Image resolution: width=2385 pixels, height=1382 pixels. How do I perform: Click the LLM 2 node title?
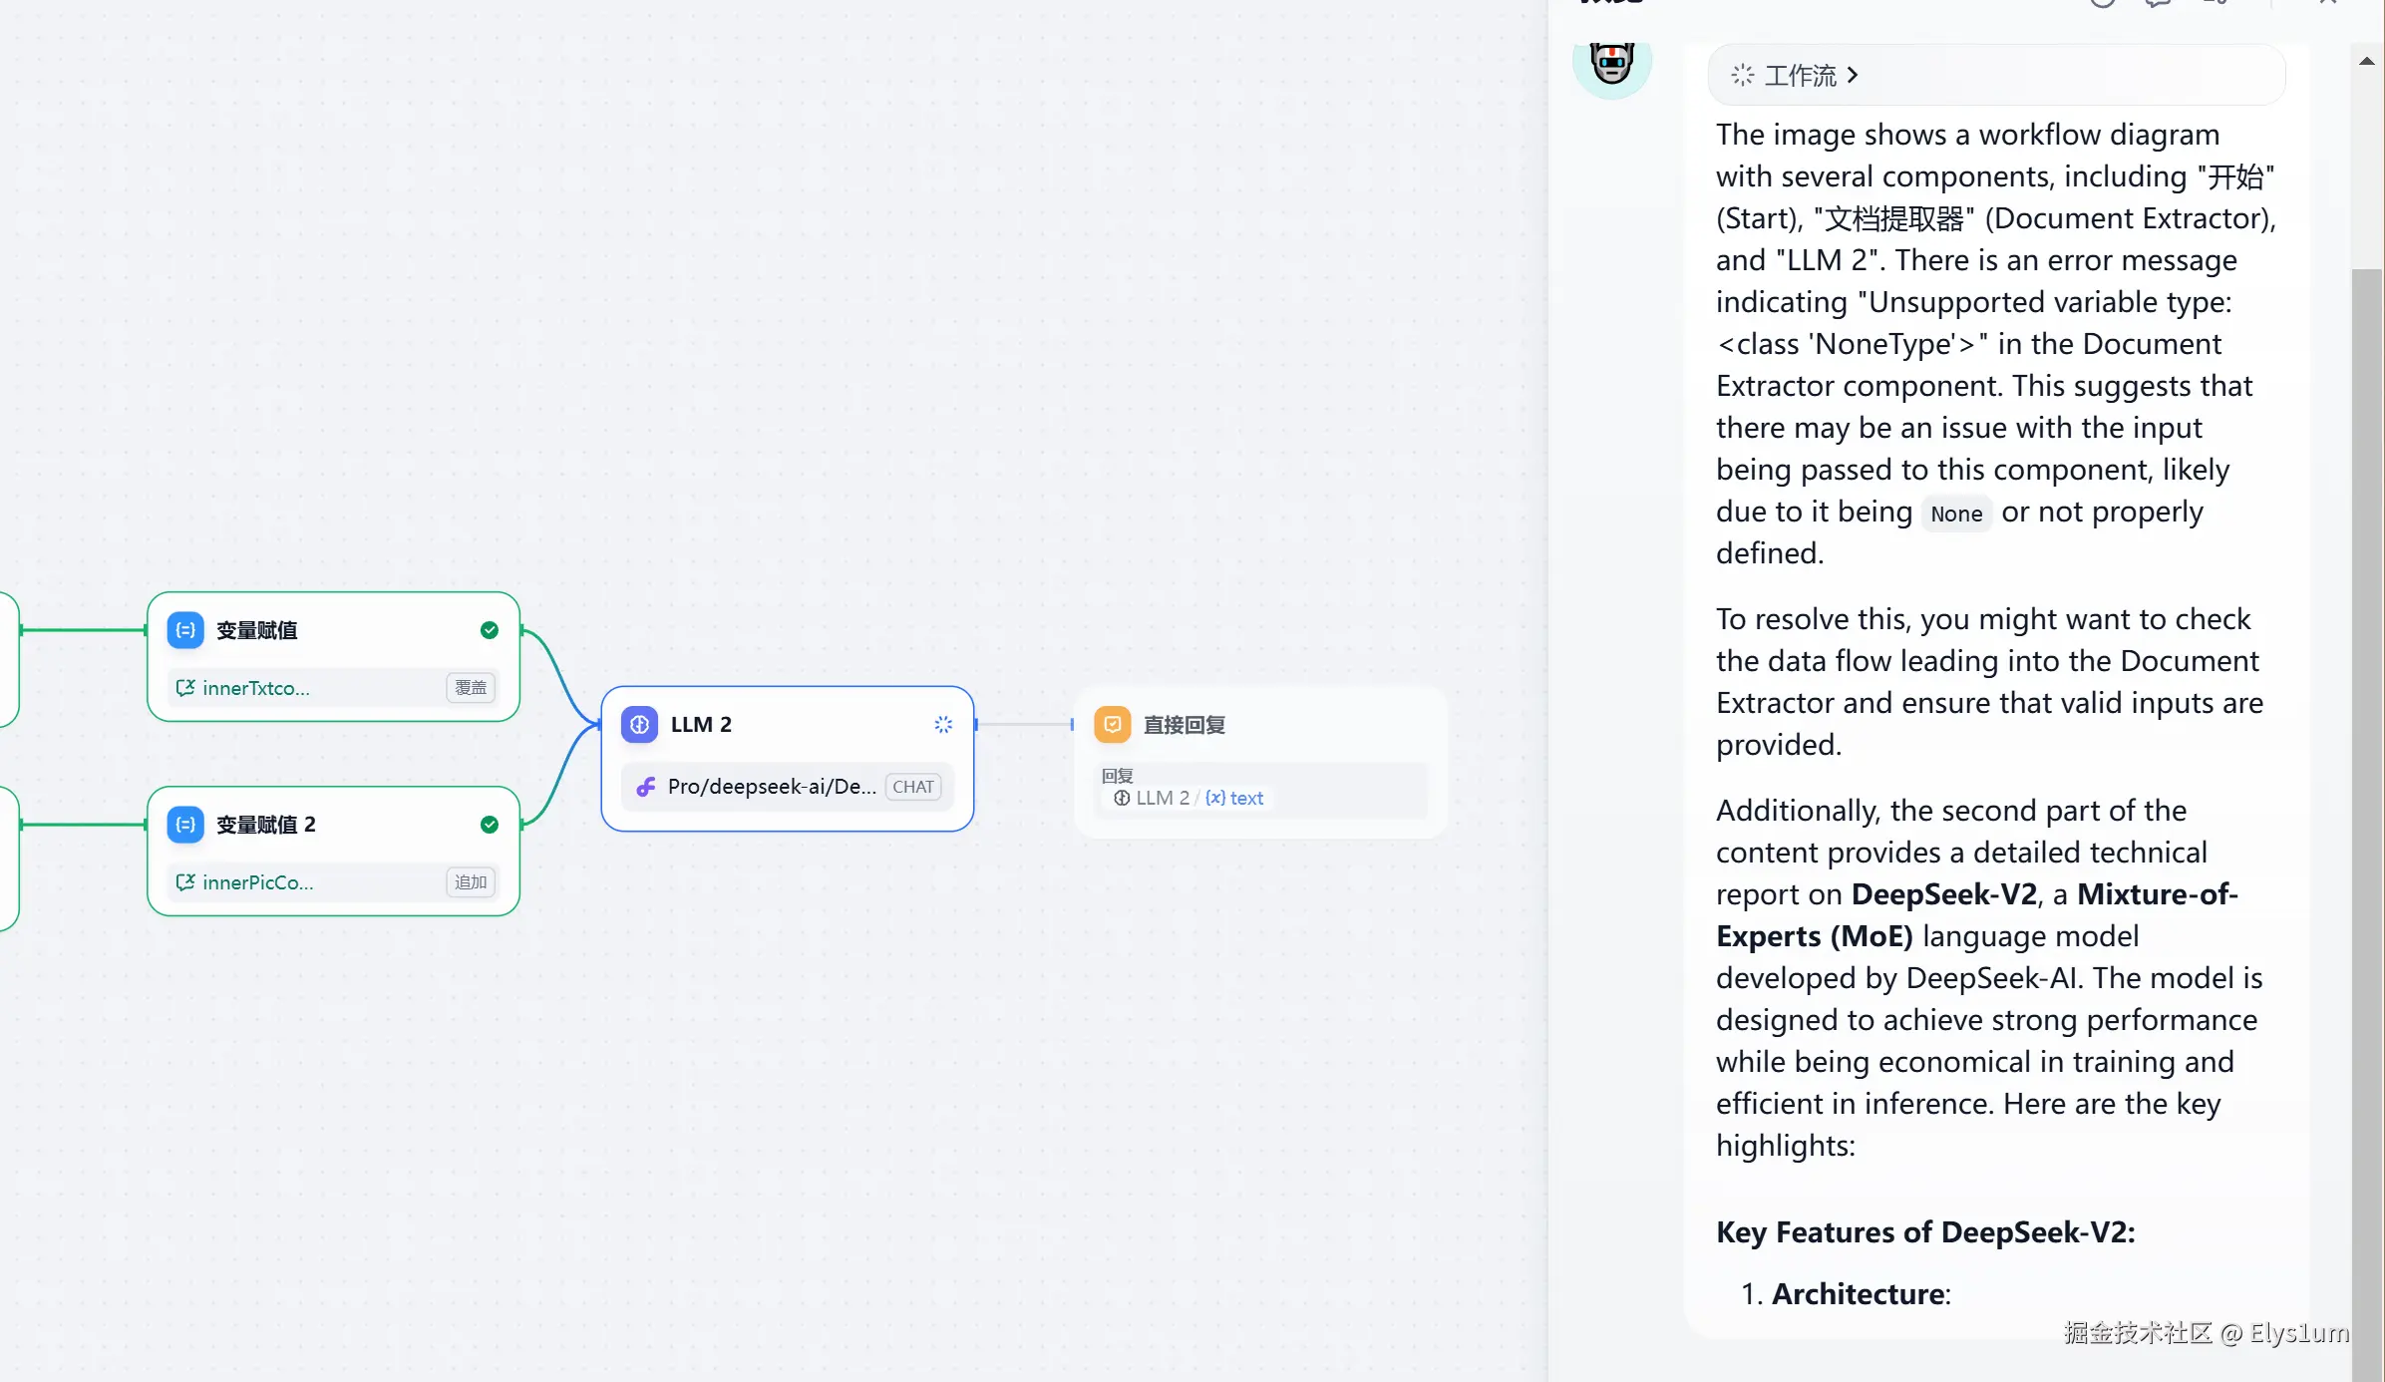coord(701,725)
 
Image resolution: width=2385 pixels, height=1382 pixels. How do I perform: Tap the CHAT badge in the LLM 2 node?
coord(913,787)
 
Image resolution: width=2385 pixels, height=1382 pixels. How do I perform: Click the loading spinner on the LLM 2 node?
coord(943,725)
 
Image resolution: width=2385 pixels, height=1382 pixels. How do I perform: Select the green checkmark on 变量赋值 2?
coord(490,825)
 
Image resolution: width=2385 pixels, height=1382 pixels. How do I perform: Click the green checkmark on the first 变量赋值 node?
coord(490,630)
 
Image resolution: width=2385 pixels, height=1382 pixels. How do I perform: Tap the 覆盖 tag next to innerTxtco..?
coord(471,688)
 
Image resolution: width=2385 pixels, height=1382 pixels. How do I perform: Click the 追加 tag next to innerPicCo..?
coord(471,882)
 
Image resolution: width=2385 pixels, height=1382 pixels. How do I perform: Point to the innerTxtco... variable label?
coord(256,688)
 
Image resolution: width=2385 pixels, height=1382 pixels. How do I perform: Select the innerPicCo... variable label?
coord(258,882)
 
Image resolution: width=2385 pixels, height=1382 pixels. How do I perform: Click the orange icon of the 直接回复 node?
coord(1113,725)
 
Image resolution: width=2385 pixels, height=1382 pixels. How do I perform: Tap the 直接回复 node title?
coord(1185,725)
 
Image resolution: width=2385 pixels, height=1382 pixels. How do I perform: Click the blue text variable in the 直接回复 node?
coord(1234,798)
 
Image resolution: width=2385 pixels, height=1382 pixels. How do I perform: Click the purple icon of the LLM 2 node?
coord(639,725)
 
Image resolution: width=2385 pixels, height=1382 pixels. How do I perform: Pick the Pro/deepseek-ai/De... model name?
coord(772,787)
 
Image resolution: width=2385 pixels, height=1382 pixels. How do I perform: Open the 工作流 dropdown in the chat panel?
coord(1795,76)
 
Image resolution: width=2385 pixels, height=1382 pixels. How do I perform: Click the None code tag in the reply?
coord(1956,514)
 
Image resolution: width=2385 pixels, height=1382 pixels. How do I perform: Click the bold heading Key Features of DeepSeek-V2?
coord(1925,1232)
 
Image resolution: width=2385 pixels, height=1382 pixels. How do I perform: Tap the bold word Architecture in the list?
coord(1859,1294)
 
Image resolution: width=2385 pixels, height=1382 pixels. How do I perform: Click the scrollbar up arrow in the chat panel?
coord(2367,62)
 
